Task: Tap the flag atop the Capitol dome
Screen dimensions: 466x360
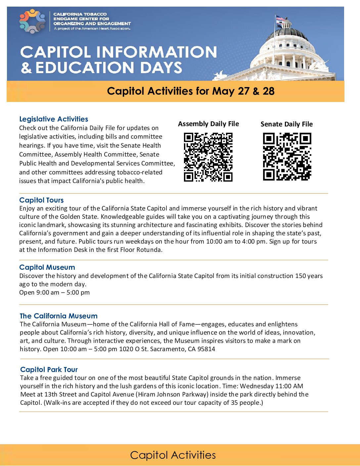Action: pos(280,21)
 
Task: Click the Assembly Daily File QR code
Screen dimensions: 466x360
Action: pos(208,157)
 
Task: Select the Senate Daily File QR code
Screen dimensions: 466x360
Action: pos(287,157)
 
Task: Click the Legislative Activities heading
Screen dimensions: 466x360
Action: pos(54,119)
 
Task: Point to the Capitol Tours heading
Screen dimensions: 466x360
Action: pos(41,200)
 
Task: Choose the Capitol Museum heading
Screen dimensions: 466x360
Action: pos(47,267)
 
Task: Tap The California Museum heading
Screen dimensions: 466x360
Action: pos(59,316)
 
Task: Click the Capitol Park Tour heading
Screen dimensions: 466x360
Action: pos(49,370)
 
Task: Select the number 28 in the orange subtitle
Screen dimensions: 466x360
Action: pos(268,91)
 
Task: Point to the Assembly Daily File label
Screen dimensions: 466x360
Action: pos(208,124)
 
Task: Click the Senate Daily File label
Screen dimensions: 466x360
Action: pos(287,124)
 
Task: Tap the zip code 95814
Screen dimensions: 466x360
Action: pos(206,349)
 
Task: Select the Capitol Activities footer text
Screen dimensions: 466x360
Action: pos(173,455)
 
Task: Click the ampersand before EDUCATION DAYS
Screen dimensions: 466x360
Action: pos(26,68)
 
